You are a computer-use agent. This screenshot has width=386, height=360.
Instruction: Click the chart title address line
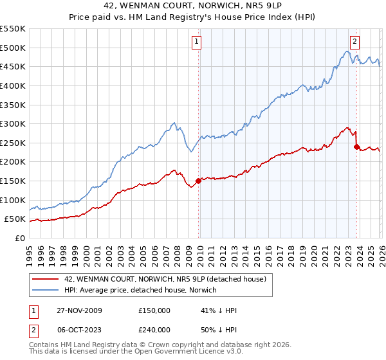click(x=193, y=5)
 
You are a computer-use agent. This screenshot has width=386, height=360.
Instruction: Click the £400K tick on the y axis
click(x=13, y=85)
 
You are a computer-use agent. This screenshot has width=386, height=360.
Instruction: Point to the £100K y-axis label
click(x=13, y=200)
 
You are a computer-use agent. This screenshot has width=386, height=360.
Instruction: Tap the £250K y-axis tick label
click(x=13, y=143)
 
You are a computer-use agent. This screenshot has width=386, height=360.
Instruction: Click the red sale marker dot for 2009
click(x=198, y=181)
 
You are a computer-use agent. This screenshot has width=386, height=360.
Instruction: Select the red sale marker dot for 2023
click(x=356, y=147)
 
